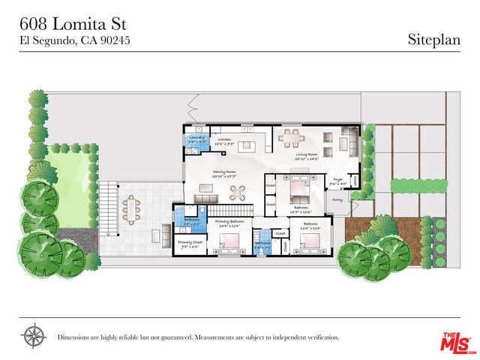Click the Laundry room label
(x=197, y=138)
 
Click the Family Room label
(x=224, y=174)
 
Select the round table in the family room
(x=238, y=190)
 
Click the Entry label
(x=337, y=199)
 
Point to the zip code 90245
(x=115, y=40)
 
